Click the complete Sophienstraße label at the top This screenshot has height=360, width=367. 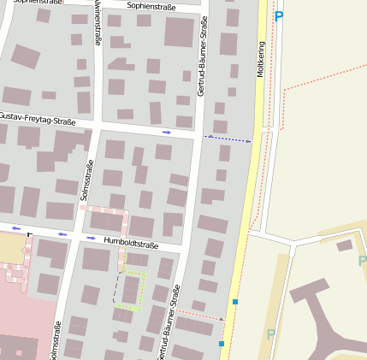point(151,6)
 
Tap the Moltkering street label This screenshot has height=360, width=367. point(261,59)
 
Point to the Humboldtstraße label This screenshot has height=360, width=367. point(131,244)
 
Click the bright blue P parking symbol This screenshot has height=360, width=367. point(278,15)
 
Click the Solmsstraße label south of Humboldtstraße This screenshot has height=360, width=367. point(57,340)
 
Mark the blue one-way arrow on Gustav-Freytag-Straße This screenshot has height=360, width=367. point(166,133)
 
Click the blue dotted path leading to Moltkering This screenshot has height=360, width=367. point(228,139)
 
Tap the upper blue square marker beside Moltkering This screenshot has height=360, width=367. point(234,302)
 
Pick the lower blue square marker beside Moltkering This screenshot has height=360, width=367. point(222,344)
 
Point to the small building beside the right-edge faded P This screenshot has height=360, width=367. point(345,246)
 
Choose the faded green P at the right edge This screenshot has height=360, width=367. point(362,261)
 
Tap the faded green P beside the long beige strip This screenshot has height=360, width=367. point(271,333)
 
